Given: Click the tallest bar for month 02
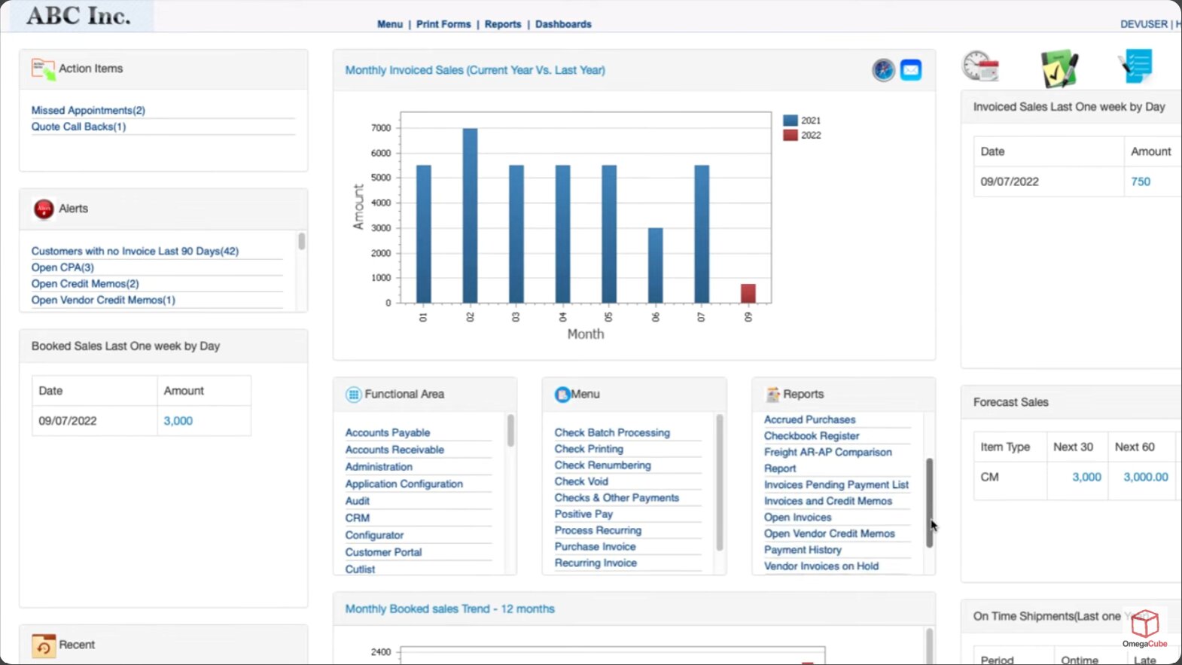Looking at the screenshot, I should point(470,215).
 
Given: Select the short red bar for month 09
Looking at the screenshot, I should point(748,293).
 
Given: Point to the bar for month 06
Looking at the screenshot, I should point(655,265).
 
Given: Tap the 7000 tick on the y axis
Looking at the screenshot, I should point(381,128).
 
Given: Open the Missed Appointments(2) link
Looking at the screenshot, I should point(88,110).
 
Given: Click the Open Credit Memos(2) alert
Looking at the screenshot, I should point(85,284).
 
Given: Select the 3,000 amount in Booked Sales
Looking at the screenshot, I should point(178,421).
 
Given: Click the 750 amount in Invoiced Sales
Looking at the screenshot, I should point(1140,182).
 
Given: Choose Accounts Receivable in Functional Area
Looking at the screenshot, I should point(395,450).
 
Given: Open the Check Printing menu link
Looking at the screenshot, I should point(589,449).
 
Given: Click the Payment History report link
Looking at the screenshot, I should point(803,550).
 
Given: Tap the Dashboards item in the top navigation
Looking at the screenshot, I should point(563,24).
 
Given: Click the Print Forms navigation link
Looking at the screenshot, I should point(443,24).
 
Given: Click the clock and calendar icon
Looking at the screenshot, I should point(980,67).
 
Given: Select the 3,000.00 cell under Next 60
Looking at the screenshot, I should point(1145,477).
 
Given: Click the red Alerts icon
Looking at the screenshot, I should point(44,209).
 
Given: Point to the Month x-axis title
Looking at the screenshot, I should point(586,334).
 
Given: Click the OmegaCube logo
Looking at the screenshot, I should point(1144,627).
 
